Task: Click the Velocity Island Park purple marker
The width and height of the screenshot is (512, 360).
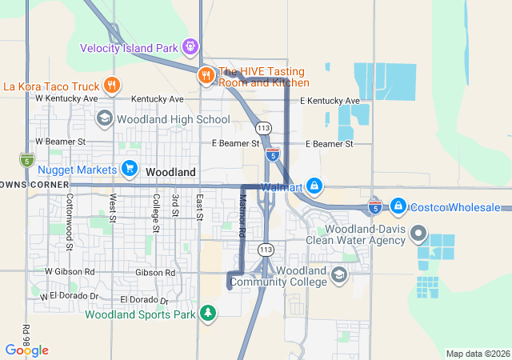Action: pyautogui.click(x=190, y=46)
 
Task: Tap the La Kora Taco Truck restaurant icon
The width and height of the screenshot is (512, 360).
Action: pyautogui.click(x=111, y=86)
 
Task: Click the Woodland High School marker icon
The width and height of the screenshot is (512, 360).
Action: pyautogui.click(x=104, y=119)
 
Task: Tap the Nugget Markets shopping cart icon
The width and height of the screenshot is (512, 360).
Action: pyautogui.click(x=129, y=169)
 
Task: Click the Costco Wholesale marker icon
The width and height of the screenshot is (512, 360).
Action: pyautogui.click(x=398, y=206)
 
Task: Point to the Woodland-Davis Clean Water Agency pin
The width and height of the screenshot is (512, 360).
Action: pyautogui.click(x=418, y=234)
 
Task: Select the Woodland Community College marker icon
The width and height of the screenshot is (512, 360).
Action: pyautogui.click(x=339, y=275)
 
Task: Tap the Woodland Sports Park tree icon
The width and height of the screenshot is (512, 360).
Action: pyautogui.click(x=208, y=311)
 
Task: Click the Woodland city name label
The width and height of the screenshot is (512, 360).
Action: pyautogui.click(x=170, y=172)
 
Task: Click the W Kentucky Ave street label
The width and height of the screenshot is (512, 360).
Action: pyautogui.click(x=66, y=98)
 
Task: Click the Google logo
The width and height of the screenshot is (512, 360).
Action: pyautogui.click(x=26, y=350)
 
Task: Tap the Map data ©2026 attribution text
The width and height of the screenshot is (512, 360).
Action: pyautogui.click(x=477, y=354)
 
